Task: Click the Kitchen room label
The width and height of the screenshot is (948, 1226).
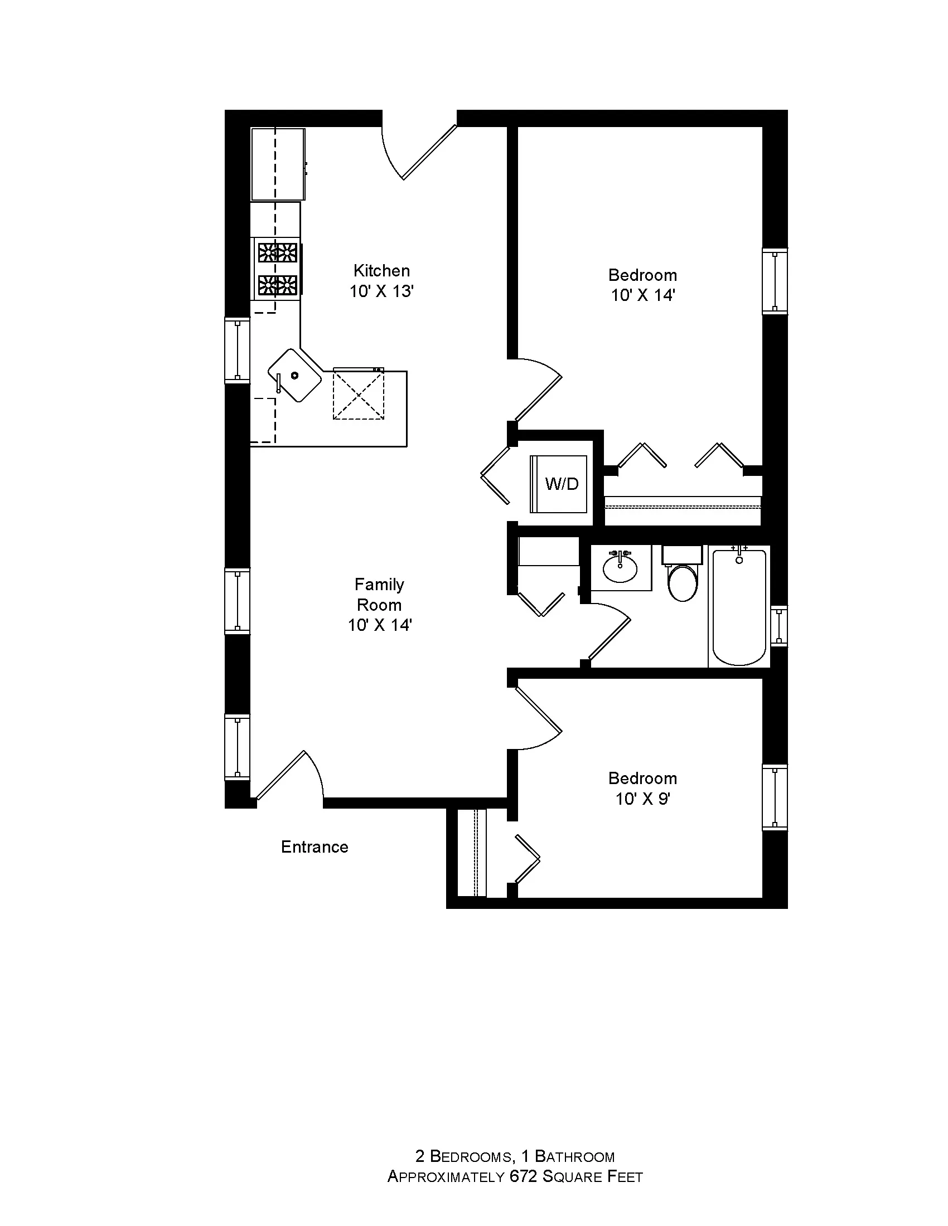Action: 381,271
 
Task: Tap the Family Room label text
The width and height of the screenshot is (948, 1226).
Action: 379,595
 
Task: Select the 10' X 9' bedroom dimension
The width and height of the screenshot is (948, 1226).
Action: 642,799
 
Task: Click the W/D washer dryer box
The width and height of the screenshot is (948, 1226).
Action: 559,484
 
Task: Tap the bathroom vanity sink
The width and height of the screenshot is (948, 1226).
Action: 620,567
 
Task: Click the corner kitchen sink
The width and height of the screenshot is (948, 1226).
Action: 294,375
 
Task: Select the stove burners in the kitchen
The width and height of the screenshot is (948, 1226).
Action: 277,269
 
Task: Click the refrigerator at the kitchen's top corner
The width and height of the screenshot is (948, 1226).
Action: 278,164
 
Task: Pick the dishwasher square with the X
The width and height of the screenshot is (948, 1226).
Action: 359,393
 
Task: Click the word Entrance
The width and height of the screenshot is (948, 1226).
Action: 315,847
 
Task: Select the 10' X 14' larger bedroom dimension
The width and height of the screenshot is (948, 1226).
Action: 642,295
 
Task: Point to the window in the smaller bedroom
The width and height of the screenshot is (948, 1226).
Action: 775,797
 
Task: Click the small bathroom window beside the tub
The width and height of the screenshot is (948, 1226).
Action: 778,626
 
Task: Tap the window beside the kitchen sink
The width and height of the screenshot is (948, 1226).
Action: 237,351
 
